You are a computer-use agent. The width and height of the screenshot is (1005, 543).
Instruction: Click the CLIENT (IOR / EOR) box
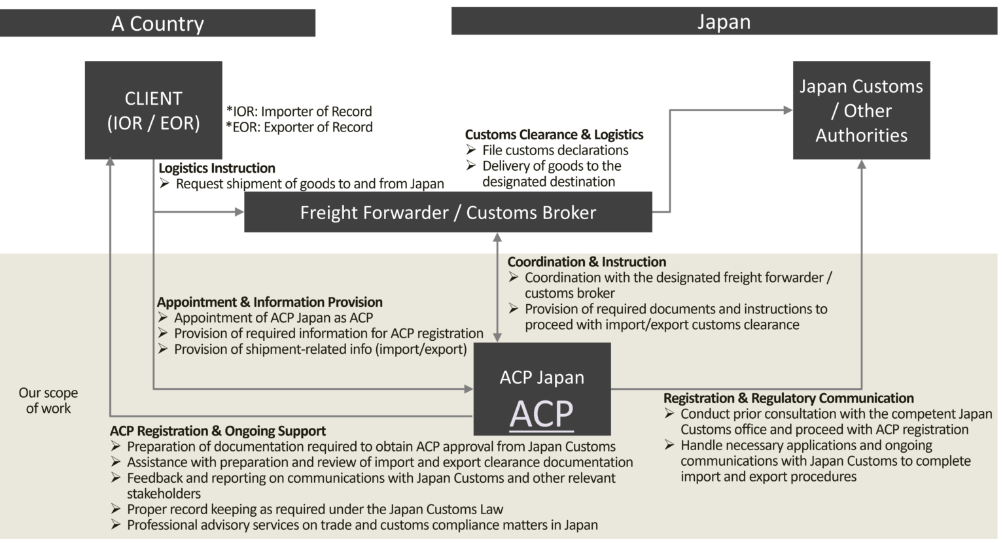click(153, 110)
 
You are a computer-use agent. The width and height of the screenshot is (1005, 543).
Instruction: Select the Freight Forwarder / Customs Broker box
click(448, 213)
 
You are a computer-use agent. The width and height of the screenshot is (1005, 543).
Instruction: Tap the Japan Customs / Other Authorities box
click(861, 111)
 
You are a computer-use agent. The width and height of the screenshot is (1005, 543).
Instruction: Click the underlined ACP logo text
click(542, 414)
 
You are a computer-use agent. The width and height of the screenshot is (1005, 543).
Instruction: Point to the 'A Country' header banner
click(158, 24)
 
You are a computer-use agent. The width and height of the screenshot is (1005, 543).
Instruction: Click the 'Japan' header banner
click(724, 22)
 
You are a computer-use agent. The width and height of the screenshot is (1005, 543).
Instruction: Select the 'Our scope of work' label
click(48, 400)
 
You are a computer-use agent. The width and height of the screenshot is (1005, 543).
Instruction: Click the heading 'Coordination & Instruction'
click(587, 262)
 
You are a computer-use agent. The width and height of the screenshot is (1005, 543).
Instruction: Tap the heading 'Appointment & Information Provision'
click(270, 302)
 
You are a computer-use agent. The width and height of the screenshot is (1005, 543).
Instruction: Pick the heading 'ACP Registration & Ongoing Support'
click(218, 431)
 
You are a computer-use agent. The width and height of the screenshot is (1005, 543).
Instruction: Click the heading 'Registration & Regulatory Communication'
click(788, 398)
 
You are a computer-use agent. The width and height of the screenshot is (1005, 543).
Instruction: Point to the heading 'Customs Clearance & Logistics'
click(554, 135)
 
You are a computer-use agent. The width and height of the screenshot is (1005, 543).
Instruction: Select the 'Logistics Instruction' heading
click(217, 168)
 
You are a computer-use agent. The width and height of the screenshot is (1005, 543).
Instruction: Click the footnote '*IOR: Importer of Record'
click(299, 111)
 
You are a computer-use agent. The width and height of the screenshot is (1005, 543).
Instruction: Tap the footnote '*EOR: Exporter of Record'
click(299, 127)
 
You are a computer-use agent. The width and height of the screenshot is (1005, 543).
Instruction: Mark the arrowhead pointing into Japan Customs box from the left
click(788, 111)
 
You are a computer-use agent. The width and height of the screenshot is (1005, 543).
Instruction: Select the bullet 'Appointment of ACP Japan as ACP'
click(273, 318)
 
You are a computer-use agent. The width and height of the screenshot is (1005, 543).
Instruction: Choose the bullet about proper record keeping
click(315, 510)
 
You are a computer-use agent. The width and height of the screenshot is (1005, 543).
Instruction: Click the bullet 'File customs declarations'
click(555, 150)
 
